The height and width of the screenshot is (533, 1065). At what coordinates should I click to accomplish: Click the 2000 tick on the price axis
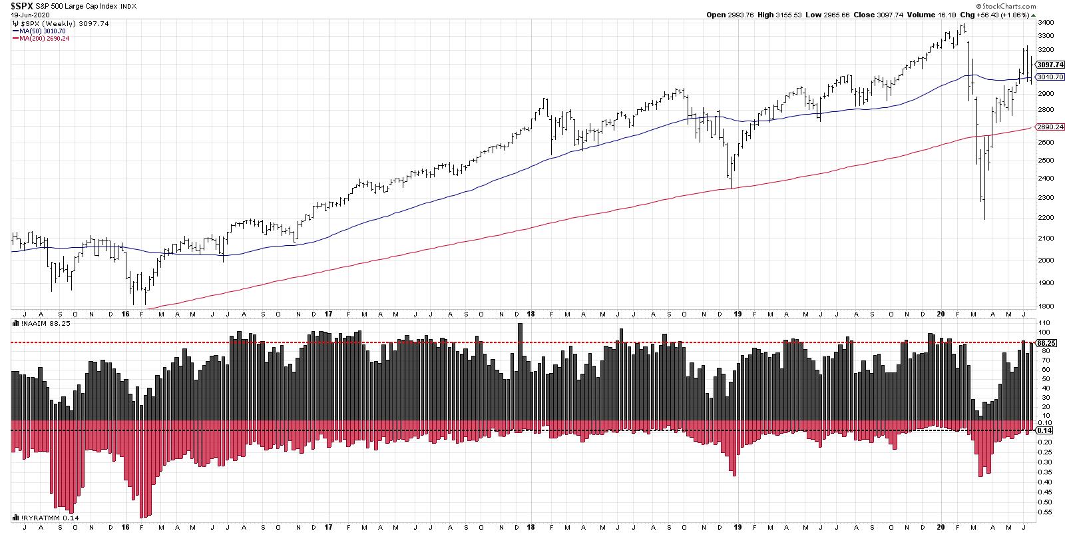[1045, 261]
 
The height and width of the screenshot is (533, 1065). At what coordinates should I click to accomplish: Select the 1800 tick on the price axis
[1045, 306]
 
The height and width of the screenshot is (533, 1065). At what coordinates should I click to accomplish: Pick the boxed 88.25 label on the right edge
[1044, 342]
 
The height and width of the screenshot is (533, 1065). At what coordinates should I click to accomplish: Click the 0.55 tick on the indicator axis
[1042, 512]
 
